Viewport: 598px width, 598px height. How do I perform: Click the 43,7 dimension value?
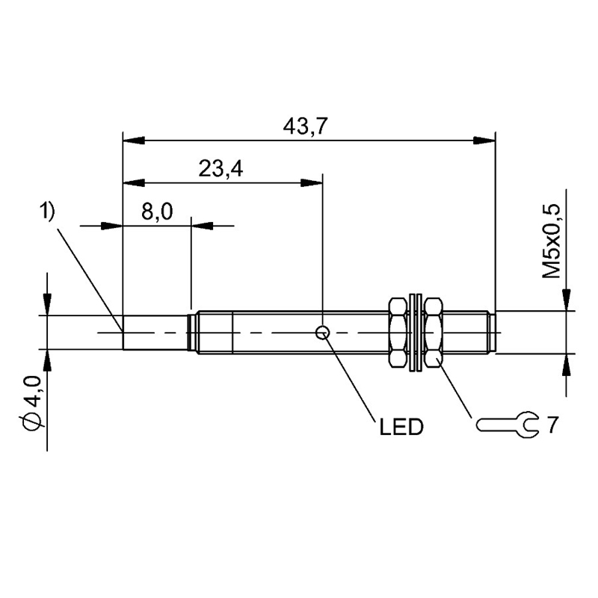(x=305, y=126)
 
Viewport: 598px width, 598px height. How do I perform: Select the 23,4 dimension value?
(x=221, y=169)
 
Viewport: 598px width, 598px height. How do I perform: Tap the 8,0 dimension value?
(x=157, y=212)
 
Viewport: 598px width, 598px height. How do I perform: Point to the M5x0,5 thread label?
(x=552, y=241)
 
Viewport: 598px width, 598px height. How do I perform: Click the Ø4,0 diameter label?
(x=31, y=401)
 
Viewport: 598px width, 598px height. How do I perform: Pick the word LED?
(x=401, y=427)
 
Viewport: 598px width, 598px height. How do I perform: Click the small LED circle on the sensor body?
(x=323, y=333)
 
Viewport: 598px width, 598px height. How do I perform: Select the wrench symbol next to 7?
(x=508, y=425)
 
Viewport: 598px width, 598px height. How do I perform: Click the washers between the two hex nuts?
(x=416, y=332)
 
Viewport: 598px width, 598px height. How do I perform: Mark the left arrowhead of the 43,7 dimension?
(x=134, y=140)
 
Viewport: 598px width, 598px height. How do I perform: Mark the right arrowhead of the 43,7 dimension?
(x=484, y=140)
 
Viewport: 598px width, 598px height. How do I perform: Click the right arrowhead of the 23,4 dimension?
(x=312, y=182)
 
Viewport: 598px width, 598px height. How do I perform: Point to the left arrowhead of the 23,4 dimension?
(x=134, y=182)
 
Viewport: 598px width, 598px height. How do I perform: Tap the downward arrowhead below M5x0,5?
(x=567, y=300)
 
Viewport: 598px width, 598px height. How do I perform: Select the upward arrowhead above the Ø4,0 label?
(x=47, y=360)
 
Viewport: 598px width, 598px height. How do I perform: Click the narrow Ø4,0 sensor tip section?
(x=155, y=332)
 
